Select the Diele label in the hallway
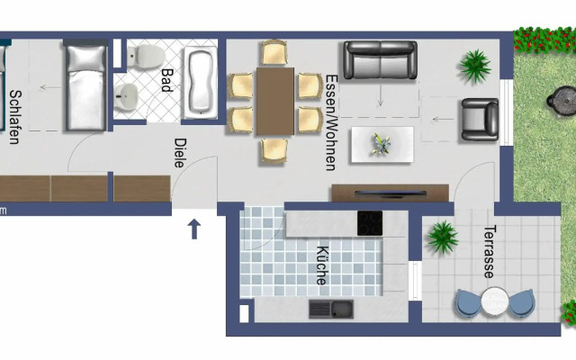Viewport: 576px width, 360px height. [178, 154]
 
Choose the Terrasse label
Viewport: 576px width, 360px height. [490, 253]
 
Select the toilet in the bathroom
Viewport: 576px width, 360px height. [140, 59]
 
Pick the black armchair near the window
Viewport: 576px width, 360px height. [479, 120]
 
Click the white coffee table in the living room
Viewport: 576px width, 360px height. [382, 143]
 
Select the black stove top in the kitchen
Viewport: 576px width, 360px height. [369, 223]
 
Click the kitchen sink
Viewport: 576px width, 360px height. [330, 309]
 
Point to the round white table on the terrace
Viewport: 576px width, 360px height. [494, 302]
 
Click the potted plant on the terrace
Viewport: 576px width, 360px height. [441, 238]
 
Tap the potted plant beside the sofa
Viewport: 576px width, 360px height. [473, 64]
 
